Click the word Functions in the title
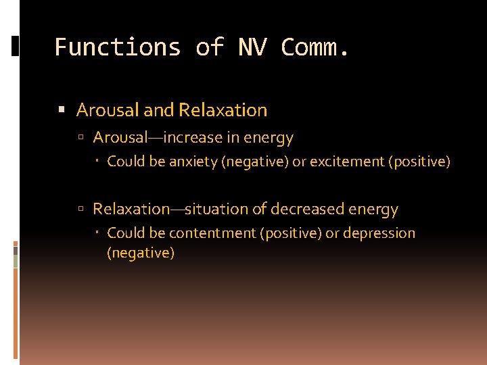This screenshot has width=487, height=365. [x=118, y=47]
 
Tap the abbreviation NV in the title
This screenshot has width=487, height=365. [x=252, y=47]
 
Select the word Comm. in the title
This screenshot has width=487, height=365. [x=316, y=47]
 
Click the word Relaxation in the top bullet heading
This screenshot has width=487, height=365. [x=223, y=109]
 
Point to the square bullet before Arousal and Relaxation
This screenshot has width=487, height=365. [x=62, y=110]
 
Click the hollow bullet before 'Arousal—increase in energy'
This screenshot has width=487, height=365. [x=80, y=138]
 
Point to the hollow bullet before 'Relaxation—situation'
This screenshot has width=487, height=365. [x=80, y=210]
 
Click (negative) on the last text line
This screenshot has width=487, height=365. [x=141, y=253]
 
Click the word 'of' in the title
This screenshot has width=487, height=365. [x=209, y=47]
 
